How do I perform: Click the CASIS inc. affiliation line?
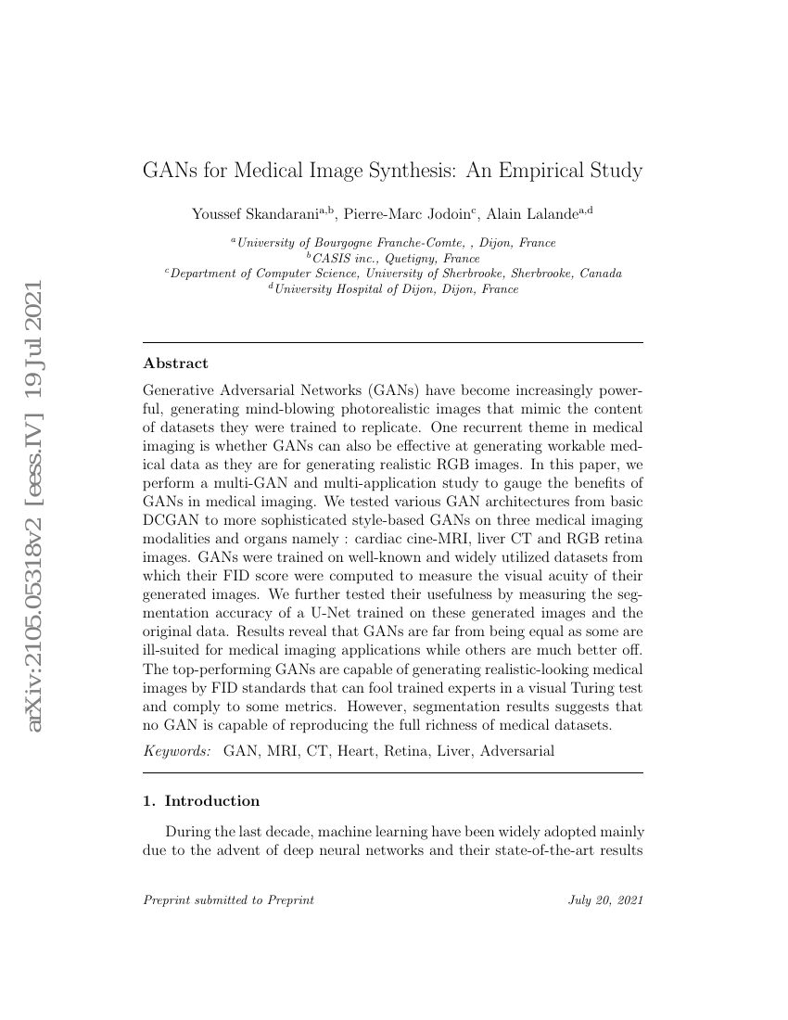click(x=393, y=258)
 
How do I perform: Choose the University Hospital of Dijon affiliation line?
click(x=393, y=288)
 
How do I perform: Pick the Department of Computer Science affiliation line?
click(x=393, y=274)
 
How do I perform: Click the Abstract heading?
click(x=176, y=363)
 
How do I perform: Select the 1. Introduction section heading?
click(x=202, y=800)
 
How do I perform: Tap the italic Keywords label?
click(x=177, y=750)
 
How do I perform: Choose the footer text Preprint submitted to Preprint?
click(x=229, y=900)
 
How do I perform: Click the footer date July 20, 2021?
click(x=605, y=900)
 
